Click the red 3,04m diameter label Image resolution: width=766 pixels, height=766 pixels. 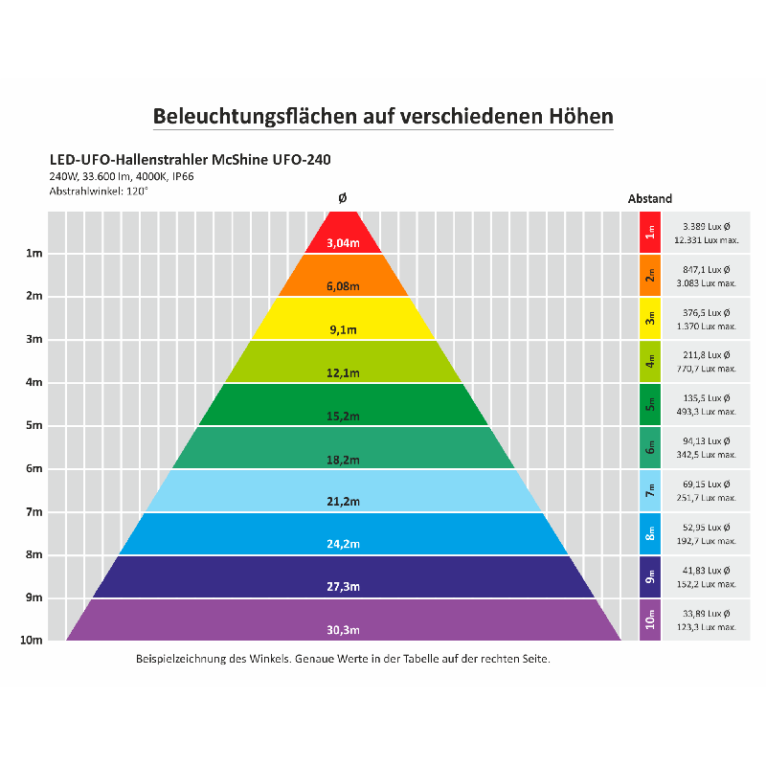tap(343, 243)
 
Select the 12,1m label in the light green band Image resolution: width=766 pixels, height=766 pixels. tap(343, 373)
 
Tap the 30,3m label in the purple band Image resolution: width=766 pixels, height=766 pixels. tap(343, 629)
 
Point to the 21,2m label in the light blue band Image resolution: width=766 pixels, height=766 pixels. tap(343, 502)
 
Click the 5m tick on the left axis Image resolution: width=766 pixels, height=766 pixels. tap(34, 425)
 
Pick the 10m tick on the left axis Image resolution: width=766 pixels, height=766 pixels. tap(32, 641)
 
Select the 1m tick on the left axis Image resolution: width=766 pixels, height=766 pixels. tap(34, 254)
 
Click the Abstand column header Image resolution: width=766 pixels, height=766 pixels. tap(650, 199)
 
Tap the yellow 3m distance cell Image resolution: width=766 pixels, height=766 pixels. tap(650, 319)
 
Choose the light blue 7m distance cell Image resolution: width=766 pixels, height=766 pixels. tap(650, 490)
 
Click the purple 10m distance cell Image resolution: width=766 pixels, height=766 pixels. tap(650, 620)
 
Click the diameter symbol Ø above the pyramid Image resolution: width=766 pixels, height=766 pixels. tap(343, 198)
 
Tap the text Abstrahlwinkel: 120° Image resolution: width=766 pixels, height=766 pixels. tap(99, 191)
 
